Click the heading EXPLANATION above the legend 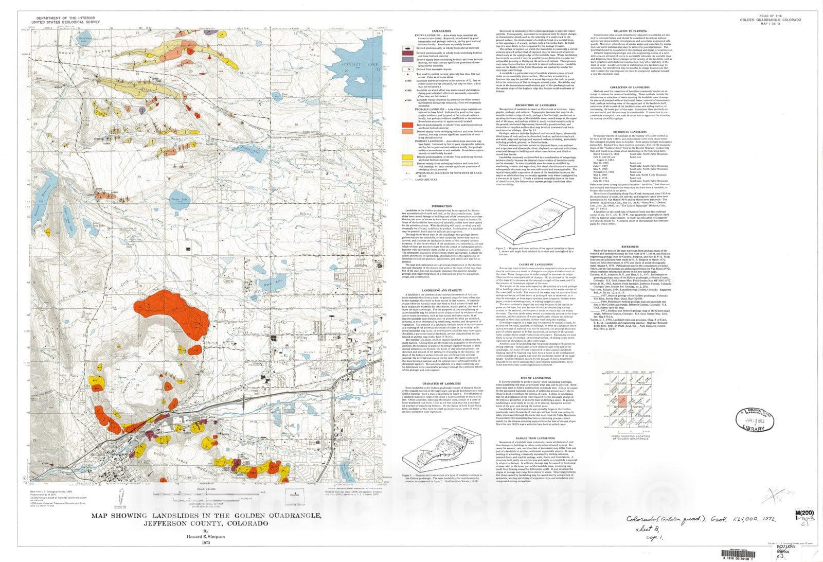[x=441, y=31]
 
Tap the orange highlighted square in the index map [x=622, y=399]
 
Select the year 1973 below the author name [x=206, y=542]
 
